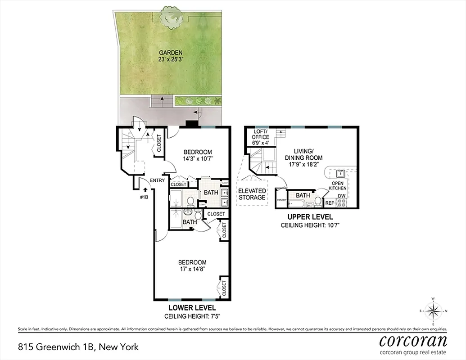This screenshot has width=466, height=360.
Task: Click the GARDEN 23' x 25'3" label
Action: pos(167,56)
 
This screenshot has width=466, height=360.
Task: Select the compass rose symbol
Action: pos(433,311)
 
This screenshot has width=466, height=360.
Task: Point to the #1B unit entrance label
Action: pos(145,197)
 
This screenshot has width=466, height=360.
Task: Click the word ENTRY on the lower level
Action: pos(157,180)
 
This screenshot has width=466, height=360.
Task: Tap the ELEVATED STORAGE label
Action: pos(252,194)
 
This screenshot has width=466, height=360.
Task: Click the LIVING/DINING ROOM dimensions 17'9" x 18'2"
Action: pos(303,165)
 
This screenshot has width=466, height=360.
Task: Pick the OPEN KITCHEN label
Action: pos(339,186)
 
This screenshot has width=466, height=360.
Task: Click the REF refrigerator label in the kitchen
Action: pos(330,203)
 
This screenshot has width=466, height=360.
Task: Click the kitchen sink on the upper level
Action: pos(339,173)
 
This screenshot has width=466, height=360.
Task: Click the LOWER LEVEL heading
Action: pos(192,308)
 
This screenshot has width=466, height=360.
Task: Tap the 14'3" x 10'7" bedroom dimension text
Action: pos(197,158)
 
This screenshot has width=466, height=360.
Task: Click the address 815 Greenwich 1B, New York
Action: pos(78,347)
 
